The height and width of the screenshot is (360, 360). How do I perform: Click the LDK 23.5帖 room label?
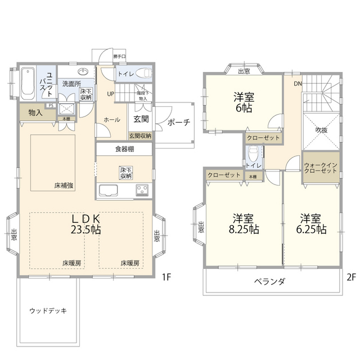(85, 224)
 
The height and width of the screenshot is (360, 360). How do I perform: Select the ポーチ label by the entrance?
(179, 123)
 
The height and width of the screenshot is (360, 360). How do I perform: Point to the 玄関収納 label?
(139, 136)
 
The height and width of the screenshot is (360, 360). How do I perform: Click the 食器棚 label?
(125, 150)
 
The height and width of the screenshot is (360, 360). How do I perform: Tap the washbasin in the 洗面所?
(83, 71)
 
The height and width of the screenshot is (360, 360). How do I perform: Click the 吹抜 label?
(321, 130)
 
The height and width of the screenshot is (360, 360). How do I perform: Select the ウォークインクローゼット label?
(321, 169)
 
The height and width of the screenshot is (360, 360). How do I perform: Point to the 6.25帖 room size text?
(313, 229)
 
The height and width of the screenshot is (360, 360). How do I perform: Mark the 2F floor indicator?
(351, 277)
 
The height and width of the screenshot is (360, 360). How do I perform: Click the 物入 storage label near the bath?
(35, 112)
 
